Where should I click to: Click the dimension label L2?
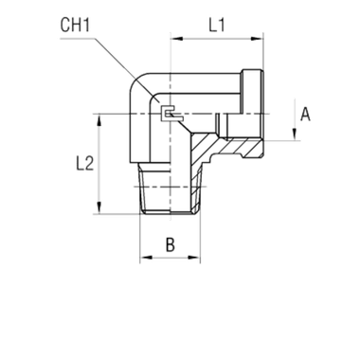87,162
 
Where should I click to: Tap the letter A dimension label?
304,116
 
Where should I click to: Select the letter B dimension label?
171,243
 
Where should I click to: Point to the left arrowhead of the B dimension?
143,257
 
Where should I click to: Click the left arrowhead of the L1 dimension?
174,40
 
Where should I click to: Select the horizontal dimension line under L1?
216,40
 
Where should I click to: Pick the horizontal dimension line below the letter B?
171,257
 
